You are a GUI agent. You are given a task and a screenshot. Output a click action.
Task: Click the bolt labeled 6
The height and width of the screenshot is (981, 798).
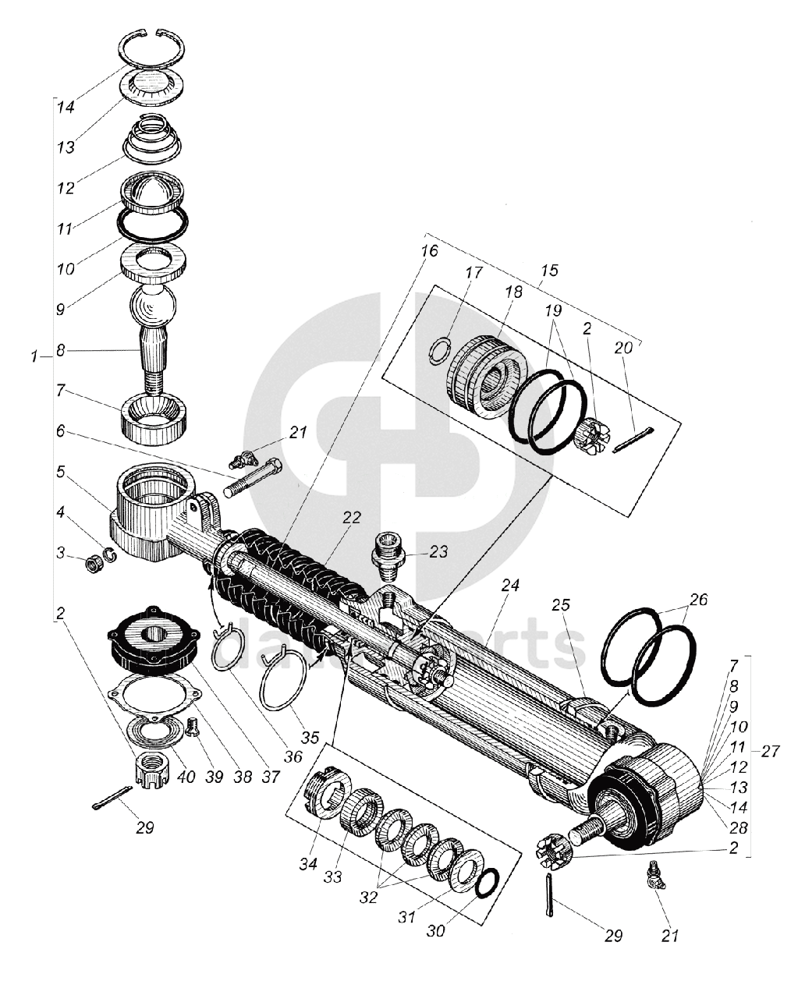250,478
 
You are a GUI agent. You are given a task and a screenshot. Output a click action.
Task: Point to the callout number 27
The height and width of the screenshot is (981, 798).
770,752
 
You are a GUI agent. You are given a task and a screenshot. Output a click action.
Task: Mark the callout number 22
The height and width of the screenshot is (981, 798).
352,517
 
